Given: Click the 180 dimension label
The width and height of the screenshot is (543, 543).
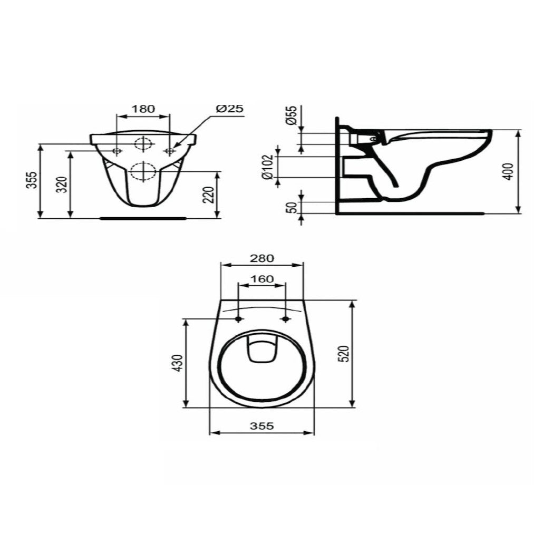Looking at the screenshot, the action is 143,109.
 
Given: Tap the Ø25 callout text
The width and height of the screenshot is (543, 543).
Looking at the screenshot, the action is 230,109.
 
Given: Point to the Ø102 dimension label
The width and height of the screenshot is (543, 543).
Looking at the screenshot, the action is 268,167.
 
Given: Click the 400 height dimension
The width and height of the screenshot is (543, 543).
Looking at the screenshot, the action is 508,171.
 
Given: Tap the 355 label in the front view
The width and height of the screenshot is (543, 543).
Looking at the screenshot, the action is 32,180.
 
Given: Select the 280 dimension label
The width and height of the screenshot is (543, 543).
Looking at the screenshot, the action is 262,258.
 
